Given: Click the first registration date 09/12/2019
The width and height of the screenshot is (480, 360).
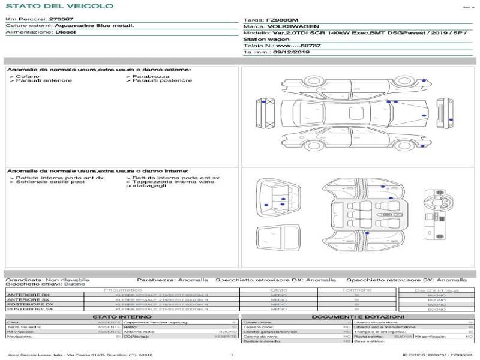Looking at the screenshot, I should coord(292,52).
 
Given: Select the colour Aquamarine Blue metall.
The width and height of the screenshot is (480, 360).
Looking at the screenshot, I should coord(94,26).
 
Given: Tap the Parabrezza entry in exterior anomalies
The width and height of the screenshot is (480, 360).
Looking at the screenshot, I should coord(147,76).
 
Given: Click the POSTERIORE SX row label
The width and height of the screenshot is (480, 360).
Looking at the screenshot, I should coord(29,310).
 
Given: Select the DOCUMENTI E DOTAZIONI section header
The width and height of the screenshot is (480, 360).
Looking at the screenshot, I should coord(358,317).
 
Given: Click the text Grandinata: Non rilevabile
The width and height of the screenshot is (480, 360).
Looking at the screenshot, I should coord(47,280).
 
